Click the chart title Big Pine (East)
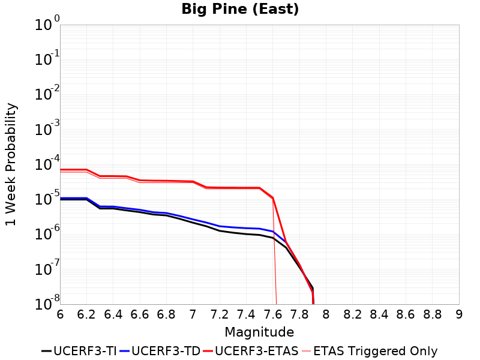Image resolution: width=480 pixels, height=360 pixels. click(x=240, y=10)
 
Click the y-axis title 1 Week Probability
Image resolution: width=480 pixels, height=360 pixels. click(x=11, y=164)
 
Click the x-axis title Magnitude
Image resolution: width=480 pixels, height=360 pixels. click(x=259, y=332)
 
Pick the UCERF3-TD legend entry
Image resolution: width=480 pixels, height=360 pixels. click(x=160, y=352)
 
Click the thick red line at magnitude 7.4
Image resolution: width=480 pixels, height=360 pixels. click(x=246, y=188)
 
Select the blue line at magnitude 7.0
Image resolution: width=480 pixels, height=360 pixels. click(x=193, y=219)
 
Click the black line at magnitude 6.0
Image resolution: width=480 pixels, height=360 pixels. click(x=61, y=199)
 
